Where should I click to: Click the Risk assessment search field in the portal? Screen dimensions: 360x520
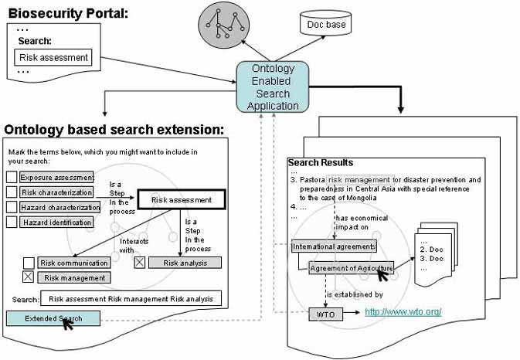point(53,57)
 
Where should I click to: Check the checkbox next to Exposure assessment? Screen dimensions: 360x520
point(12,177)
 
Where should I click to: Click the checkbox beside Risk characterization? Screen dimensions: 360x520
point(12,192)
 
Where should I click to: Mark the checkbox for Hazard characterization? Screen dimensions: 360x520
point(12,207)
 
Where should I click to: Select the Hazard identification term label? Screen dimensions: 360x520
point(56,222)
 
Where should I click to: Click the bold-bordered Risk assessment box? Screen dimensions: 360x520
point(181,200)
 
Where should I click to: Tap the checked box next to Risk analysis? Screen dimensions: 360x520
point(140,262)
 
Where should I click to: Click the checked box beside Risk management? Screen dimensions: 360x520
point(29,277)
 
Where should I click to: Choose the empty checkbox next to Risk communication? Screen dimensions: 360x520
point(29,263)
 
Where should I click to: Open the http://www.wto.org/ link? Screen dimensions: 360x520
point(403,312)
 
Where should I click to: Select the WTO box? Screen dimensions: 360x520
point(324,314)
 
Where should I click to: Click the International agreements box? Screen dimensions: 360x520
point(334,246)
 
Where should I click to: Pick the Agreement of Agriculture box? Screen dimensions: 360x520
point(351,268)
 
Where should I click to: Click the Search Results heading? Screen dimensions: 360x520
point(320,163)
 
